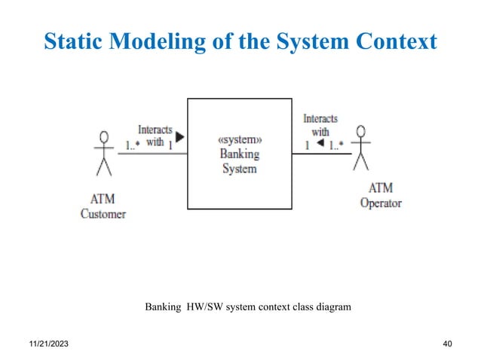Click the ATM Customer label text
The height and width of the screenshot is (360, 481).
pyautogui.click(x=103, y=206)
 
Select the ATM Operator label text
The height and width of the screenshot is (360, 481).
pyautogui.click(x=381, y=195)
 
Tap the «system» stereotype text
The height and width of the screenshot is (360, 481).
pyautogui.click(x=239, y=141)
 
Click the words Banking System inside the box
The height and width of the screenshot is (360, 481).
pyautogui.click(x=239, y=162)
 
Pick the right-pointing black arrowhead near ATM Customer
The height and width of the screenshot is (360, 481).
pyautogui.click(x=179, y=138)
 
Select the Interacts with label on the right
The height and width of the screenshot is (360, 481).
pyautogui.click(x=320, y=125)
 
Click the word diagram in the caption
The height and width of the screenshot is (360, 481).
pyautogui.click(x=332, y=307)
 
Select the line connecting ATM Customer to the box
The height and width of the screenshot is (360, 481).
pyautogui.click(x=151, y=153)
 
